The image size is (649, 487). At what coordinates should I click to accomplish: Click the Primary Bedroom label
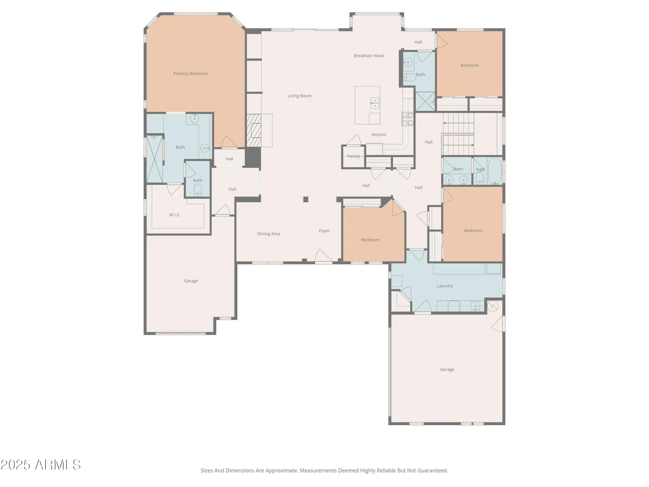(x=190, y=73)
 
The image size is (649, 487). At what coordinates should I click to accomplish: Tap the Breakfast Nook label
(x=369, y=55)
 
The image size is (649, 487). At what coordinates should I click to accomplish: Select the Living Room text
(x=299, y=96)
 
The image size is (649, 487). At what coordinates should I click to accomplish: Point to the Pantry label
(x=353, y=156)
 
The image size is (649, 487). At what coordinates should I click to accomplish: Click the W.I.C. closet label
(x=175, y=214)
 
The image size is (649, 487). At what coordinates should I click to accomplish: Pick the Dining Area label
(x=269, y=234)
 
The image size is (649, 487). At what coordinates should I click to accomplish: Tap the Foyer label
(x=324, y=231)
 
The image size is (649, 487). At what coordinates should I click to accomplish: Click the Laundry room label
(x=445, y=286)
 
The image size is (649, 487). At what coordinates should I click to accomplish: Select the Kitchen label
(x=379, y=134)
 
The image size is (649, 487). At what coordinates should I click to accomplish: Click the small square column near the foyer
(x=306, y=199)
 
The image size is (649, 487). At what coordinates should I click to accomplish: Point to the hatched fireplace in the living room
(x=254, y=130)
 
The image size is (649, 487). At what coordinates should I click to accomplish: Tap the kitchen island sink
(x=375, y=103)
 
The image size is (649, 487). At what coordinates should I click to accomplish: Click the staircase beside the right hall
(x=458, y=134)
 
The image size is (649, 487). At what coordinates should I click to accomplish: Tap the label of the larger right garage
(x=447, y=369)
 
